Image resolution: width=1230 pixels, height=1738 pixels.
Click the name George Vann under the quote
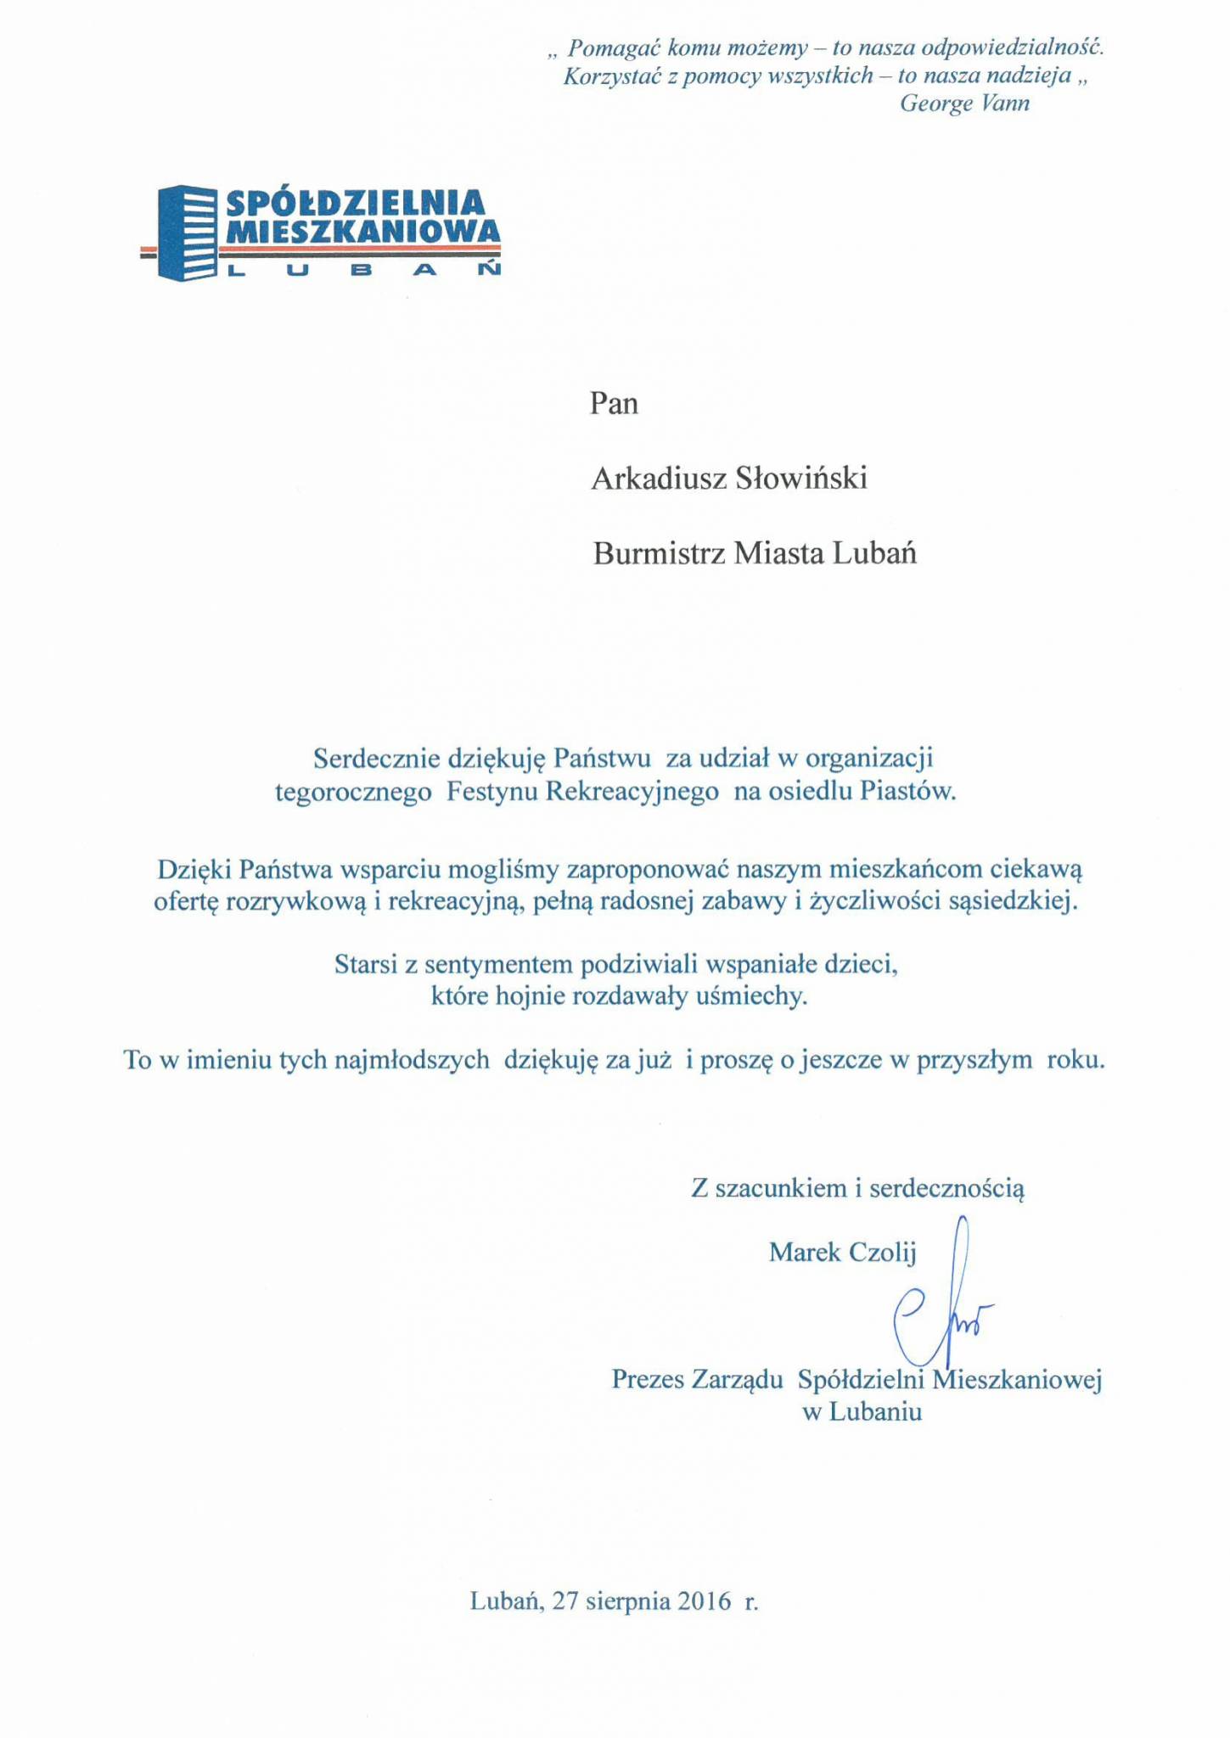(x=964, y=104)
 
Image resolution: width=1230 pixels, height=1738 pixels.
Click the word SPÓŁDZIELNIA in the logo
(x=355, y=204)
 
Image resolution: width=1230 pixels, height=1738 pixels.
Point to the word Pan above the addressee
(x=614, y=403)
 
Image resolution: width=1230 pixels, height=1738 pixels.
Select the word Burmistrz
(x=659, y=554)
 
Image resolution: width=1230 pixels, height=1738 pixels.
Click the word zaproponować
(x=647, y=869)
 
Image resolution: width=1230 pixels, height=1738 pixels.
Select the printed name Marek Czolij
(x=842, y=1252)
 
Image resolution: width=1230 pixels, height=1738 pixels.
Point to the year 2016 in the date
(x=704, y=1601)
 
